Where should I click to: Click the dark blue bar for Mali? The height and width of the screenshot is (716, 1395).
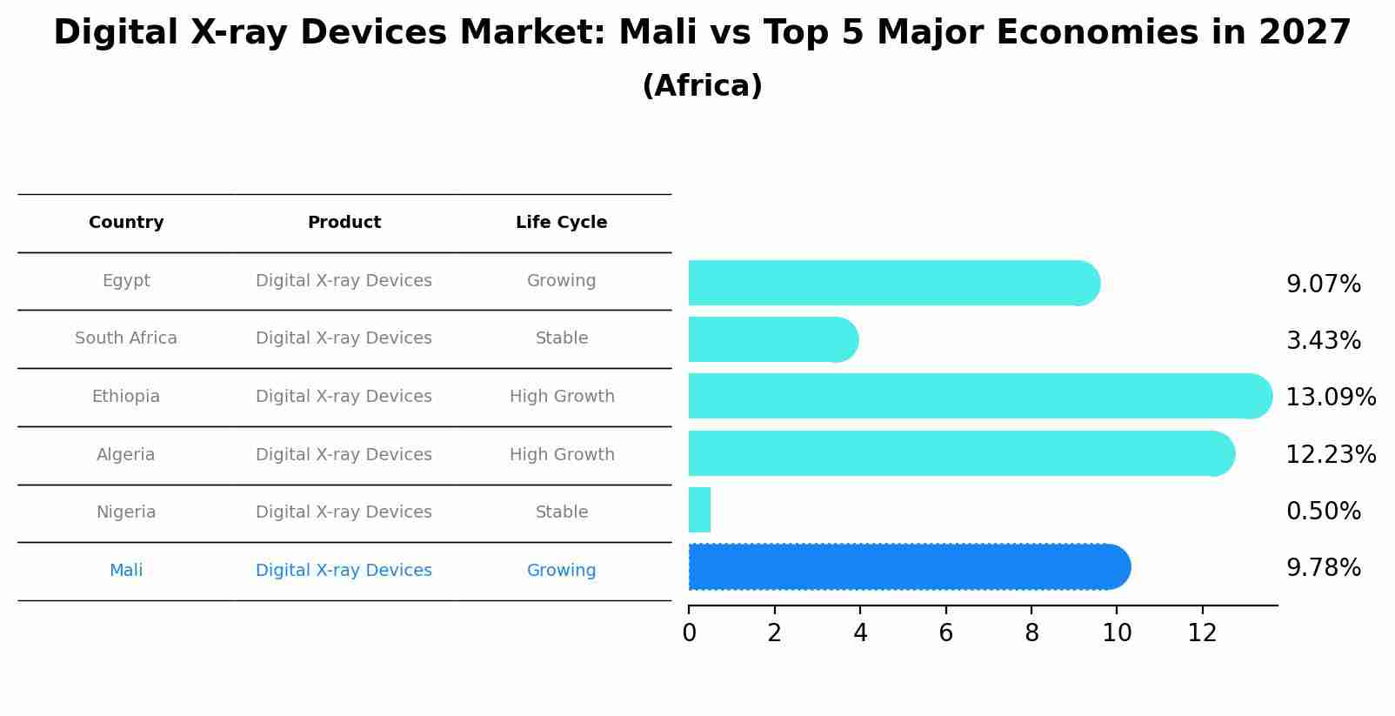(904, 567)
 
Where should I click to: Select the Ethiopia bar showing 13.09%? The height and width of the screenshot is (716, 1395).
(974, 397)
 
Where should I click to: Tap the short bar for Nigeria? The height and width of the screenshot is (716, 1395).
(699, 510)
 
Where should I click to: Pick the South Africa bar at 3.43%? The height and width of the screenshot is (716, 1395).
(770, 339)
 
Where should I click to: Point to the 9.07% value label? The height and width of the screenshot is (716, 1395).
(1323, 284)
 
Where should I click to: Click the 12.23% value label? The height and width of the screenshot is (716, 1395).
(1330, 454)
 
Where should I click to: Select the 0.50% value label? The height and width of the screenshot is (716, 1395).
(1323, 511)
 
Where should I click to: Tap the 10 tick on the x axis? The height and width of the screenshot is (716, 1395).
(1117, 633)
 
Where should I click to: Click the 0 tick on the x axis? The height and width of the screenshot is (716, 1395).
(689, 633)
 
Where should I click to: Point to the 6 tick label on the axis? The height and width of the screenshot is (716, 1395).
(945, 633)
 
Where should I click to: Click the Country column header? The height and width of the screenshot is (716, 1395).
(126, 223)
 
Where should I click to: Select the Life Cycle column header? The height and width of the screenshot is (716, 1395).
(561, 223)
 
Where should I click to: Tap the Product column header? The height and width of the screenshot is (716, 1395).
(344, 223)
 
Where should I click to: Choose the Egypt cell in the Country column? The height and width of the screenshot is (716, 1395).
(126, 281)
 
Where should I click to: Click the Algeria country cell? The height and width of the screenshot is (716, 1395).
(126, 455)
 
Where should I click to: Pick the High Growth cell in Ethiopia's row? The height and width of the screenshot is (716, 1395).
(562, 397)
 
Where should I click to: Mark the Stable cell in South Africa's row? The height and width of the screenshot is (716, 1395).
(562, 338)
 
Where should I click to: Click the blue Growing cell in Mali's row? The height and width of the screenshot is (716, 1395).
(561, 571)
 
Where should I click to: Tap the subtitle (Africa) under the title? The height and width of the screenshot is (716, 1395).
(702, 86)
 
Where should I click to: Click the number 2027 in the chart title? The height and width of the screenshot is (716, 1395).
(1304, 33)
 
